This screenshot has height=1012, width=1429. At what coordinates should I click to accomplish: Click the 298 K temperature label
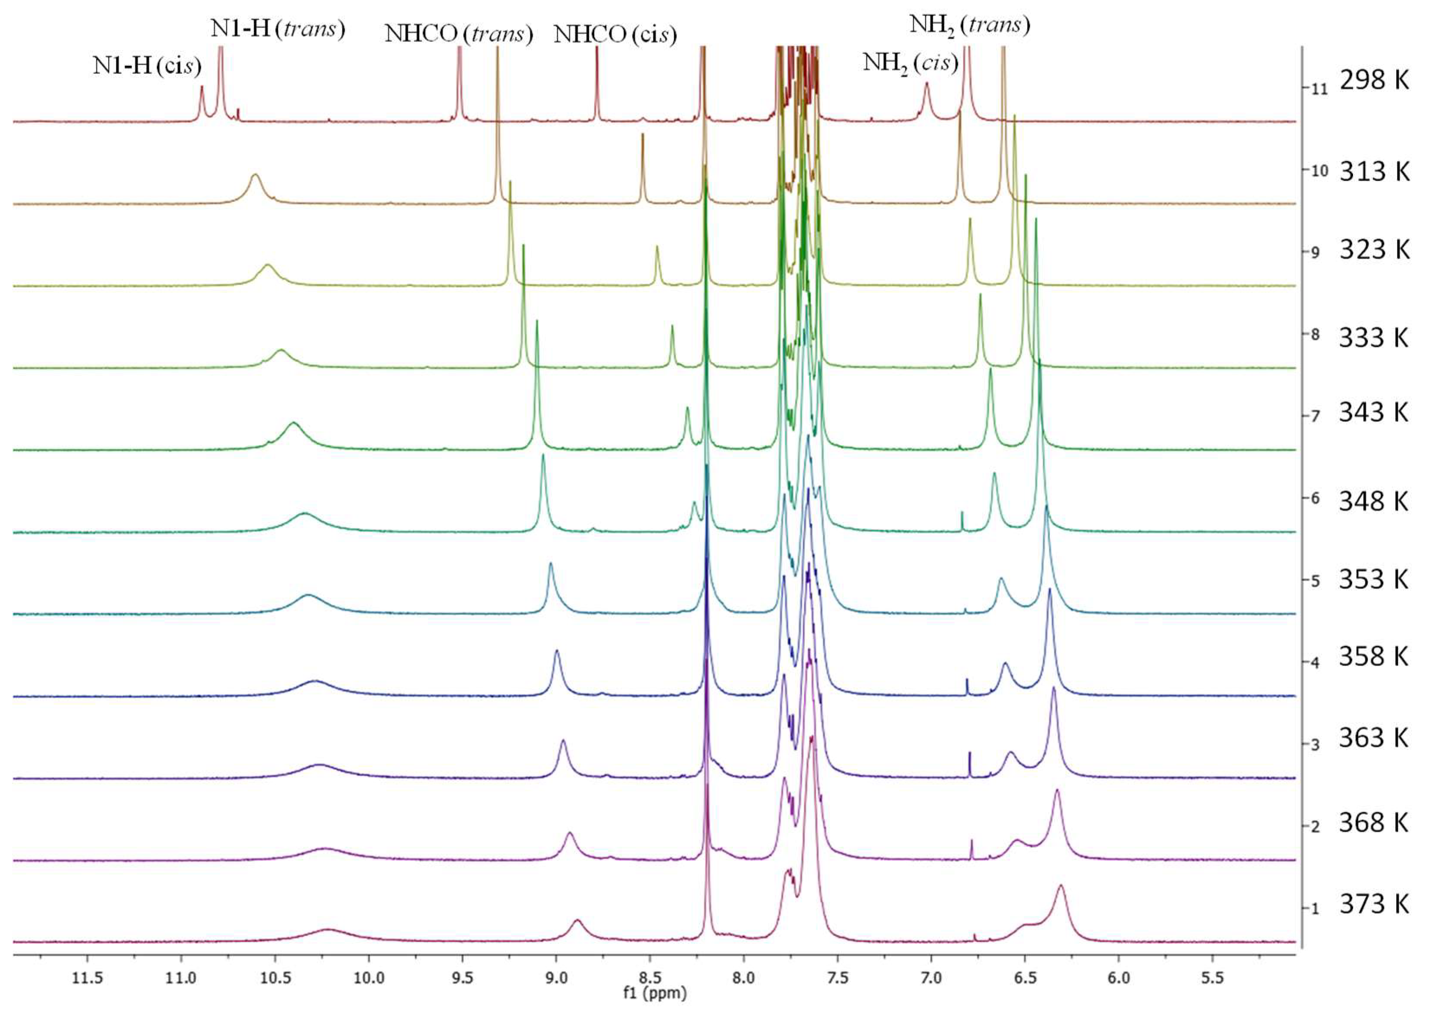1374,81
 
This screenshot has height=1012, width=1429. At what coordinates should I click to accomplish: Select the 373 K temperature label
1374,904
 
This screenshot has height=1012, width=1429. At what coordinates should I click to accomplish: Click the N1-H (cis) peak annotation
147,65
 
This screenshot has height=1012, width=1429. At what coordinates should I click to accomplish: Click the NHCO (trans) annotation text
459,34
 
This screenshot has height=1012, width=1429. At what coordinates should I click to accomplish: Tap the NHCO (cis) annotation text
615,34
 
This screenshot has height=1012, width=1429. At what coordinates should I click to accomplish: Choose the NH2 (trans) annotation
970,25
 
